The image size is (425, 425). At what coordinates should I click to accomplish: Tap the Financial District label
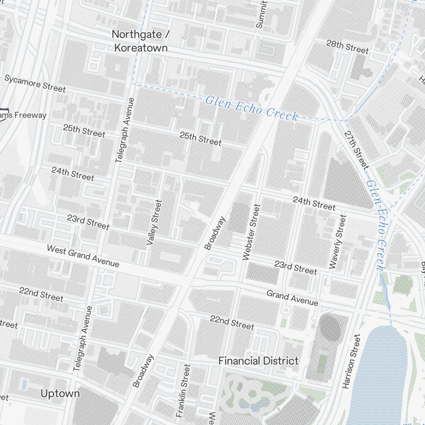pyautogui.click(x=258, y=361)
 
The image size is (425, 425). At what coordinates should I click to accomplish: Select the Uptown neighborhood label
pyautogui.click(x=60, y=394)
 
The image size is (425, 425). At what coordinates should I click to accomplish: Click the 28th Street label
pyautogui.click(x=347, y=46)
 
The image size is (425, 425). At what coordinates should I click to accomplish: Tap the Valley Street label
pyautogui.click(x=154, y=222)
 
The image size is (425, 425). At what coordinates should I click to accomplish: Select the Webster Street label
pyautogui.click(x=251, y=232)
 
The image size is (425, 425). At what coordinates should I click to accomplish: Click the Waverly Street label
pyautogui.click(x=338, y=241)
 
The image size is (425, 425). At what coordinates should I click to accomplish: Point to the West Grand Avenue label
pyautogui.click(x=83, y=256)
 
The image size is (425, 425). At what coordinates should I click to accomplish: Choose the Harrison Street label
pyautogui.click(x=351, y=361)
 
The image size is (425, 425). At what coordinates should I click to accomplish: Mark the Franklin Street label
pyautogui.click(x=184, y=390)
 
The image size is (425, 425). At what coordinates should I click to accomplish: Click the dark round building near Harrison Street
pyautogui.click(x=330, y=328)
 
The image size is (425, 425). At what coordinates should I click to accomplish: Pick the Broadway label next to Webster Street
pyautogui.click(x=215, y=233)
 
